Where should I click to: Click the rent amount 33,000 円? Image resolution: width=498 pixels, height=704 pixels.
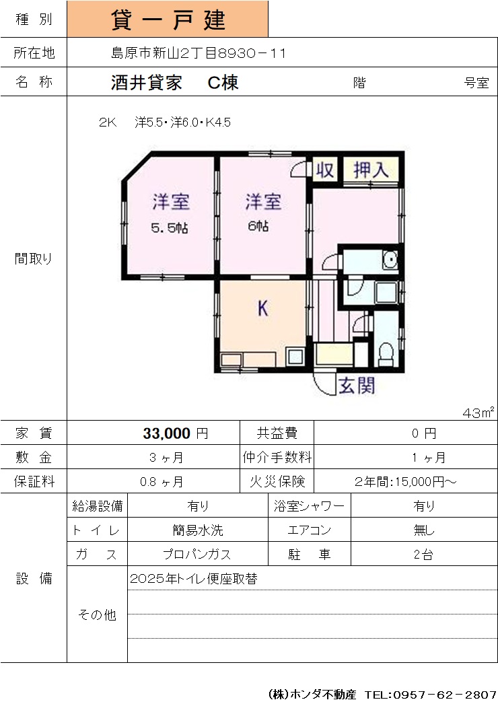175,433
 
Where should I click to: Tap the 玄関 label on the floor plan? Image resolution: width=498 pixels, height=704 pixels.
357,385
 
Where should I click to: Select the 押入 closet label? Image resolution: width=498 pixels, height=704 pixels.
370,170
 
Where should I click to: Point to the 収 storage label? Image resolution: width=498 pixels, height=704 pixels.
324,170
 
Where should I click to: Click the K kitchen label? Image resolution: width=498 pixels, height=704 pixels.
262,308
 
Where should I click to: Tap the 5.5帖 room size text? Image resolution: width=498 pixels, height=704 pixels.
170,228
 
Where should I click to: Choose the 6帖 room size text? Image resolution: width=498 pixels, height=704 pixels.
258,226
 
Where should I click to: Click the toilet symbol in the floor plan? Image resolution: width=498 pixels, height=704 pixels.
386,353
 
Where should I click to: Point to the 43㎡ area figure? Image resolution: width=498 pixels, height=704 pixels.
478,413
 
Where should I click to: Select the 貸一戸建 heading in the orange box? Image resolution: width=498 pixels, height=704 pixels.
168,20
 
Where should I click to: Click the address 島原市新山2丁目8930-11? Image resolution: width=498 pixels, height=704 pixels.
199,53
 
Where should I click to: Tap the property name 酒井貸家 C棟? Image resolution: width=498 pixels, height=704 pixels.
175,83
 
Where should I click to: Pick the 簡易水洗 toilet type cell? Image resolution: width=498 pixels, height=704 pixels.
198,530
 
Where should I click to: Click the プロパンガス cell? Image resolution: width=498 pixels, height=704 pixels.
197,555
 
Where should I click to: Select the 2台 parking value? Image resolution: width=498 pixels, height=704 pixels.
423,555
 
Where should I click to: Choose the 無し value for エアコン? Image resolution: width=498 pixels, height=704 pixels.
423,530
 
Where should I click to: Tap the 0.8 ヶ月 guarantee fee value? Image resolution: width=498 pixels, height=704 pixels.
162,482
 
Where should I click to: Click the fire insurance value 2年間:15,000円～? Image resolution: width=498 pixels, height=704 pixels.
406,482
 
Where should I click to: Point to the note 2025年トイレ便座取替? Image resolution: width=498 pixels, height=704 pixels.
194,579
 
